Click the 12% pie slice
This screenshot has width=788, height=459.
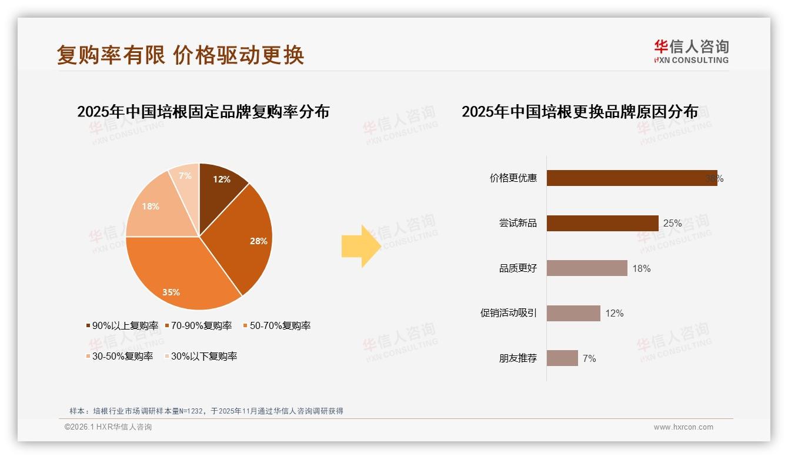pos(221,185)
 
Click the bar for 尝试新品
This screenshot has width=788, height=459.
pos(602,223)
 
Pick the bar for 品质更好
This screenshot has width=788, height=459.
pos(587,268)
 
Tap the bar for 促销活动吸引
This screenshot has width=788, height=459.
pos(573,313)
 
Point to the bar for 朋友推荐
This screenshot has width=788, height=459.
pos(562,358)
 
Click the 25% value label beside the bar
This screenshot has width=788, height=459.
pos(672,224)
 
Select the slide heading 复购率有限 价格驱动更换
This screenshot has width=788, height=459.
pos(181,55)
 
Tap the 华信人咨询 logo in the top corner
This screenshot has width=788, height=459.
pos(691,51)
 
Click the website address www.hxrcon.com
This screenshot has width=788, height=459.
pos(683,427)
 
